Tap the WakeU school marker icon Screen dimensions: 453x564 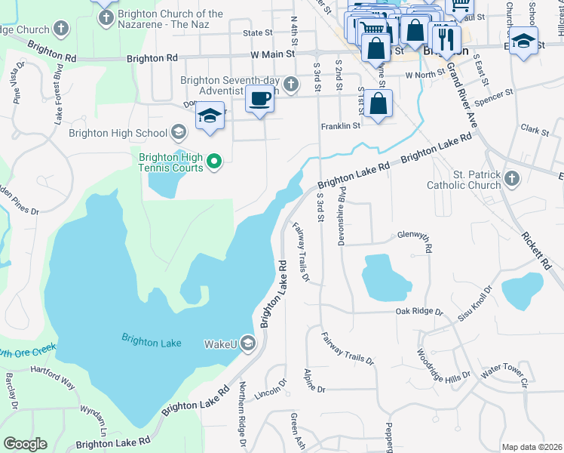248,344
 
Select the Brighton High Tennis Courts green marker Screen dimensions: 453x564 214,160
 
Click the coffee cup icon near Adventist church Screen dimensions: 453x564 260,100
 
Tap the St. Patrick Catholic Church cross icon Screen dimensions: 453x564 512,178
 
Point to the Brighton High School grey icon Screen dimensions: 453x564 179,134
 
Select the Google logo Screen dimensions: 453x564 25,444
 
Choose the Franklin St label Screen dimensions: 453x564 341,126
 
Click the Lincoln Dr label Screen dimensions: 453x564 272,392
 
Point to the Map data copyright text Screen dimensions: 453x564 531,447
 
